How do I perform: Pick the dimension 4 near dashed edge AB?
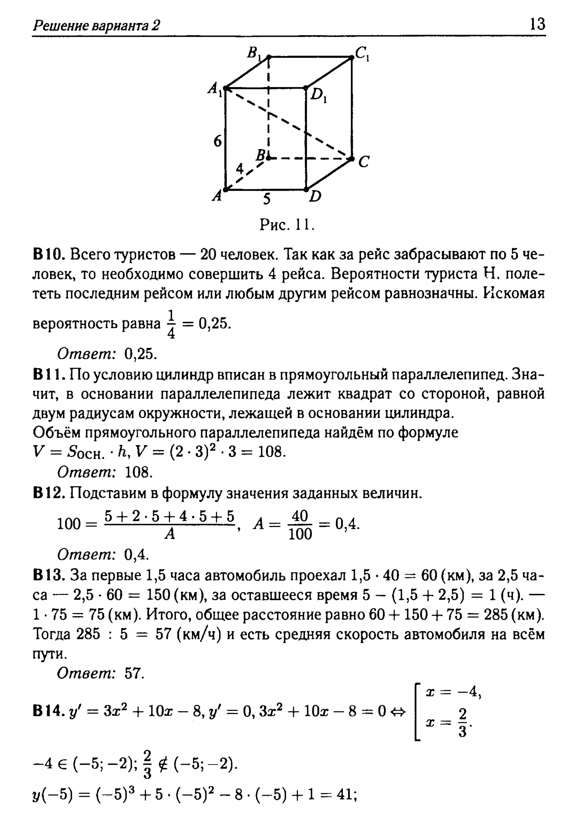(x=240, y=168)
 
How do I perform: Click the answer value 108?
(x=139, y=473)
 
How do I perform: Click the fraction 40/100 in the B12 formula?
(x=300, y=525)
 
